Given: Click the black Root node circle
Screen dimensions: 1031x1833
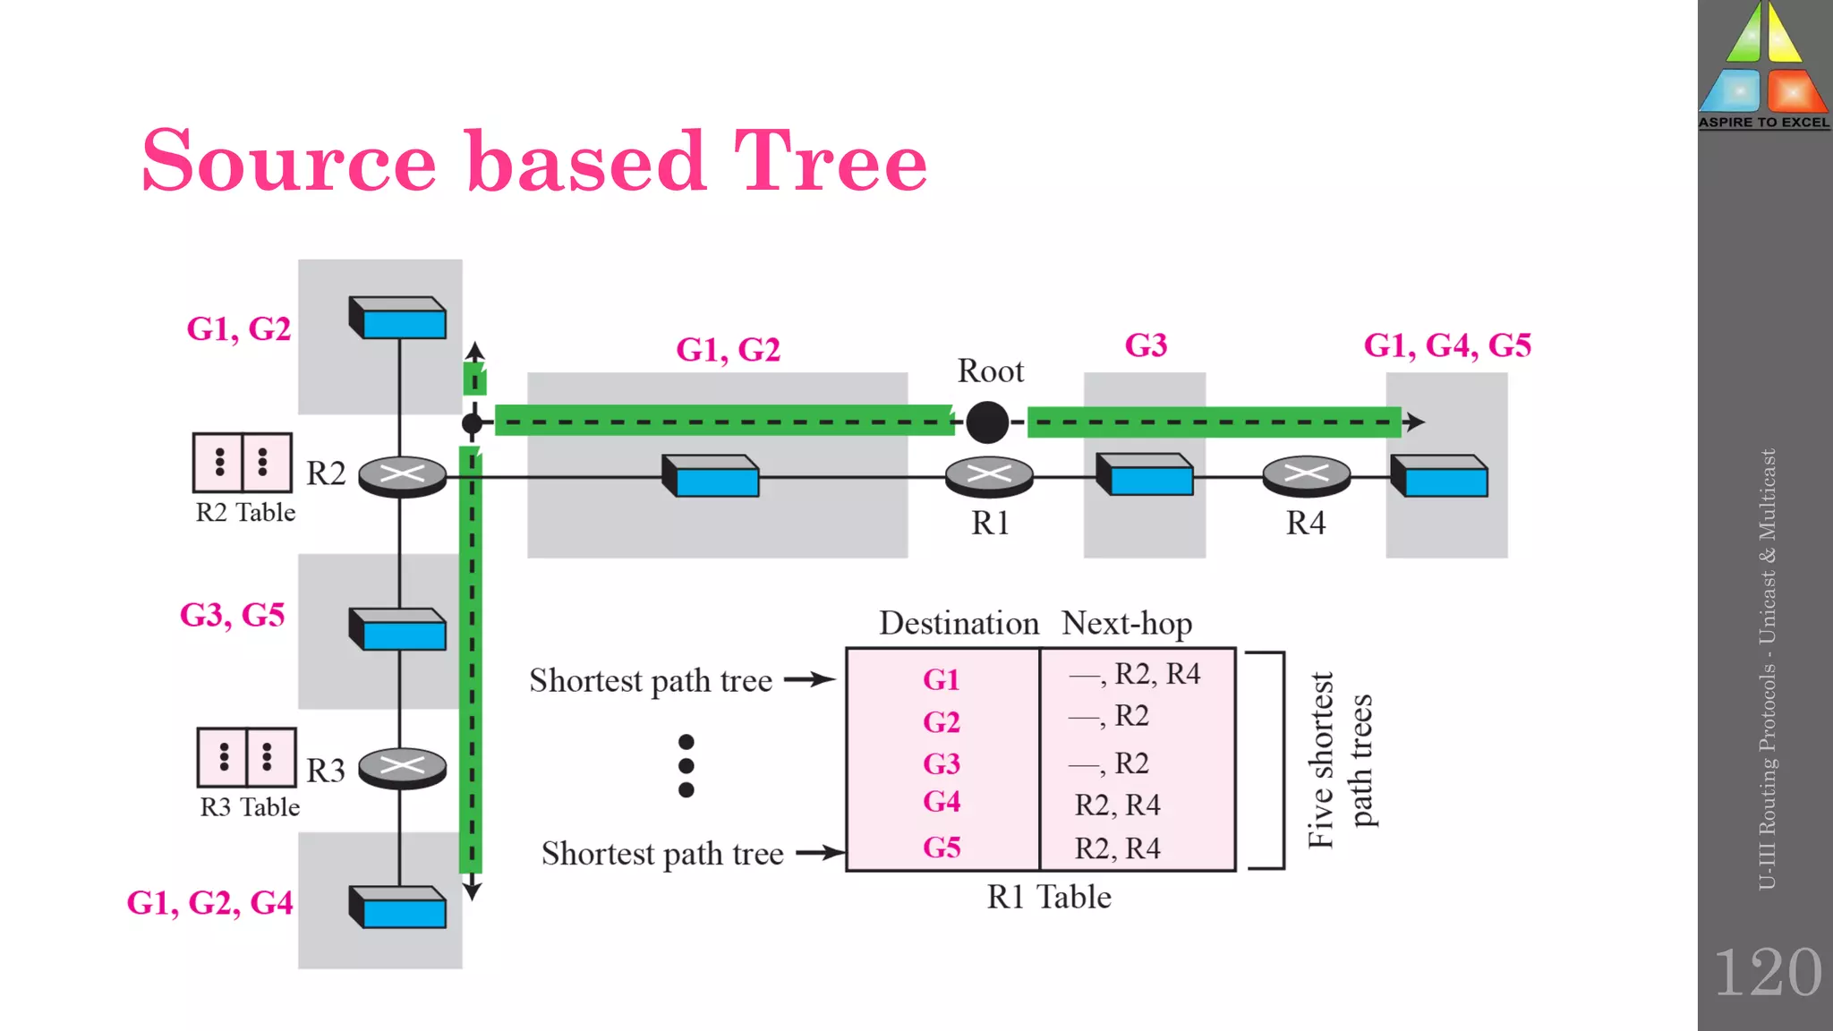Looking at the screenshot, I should (987, 422).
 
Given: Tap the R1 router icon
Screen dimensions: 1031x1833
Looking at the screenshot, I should (989, 476).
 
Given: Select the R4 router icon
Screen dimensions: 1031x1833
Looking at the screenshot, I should (1306, 476).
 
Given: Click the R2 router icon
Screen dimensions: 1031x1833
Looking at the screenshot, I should (402, 476).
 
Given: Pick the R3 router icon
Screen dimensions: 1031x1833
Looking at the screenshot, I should (402, 767).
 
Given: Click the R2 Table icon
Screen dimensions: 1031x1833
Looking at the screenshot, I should (243, 463).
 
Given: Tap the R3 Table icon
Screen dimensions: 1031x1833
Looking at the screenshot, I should (246, 757).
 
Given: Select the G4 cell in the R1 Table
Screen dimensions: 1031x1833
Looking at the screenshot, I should (942, 802).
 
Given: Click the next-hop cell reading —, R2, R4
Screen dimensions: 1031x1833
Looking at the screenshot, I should (1135, 675).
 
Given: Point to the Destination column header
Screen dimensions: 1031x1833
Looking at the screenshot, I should (959, 624).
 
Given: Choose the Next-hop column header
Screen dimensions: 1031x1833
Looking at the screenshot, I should (1126, 624).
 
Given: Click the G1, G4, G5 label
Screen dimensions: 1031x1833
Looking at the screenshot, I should (1446, 345).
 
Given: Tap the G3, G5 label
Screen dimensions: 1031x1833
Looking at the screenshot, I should (233, 616).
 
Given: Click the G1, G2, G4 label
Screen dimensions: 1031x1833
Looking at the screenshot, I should (209, 903).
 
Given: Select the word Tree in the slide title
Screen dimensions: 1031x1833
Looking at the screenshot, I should (830, 162).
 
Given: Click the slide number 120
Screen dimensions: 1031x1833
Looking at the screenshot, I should (1767, 973).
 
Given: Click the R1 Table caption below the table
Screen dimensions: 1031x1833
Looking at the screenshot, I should (1048, 898).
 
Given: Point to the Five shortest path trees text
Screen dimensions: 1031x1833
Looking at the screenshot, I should (1339, 761).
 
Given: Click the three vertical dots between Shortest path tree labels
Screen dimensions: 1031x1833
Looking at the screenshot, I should (686, 766).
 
